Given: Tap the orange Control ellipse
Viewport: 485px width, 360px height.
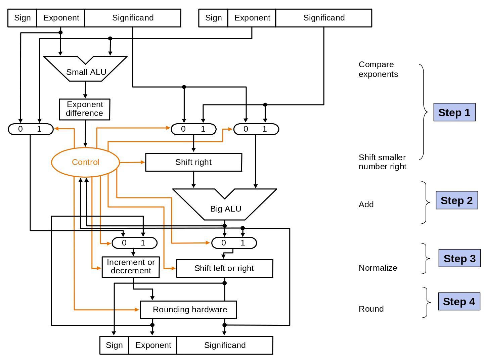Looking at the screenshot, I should point(85,162).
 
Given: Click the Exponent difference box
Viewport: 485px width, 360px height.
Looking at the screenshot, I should point(85,109).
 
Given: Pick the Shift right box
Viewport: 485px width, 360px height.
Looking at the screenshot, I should point(193,162).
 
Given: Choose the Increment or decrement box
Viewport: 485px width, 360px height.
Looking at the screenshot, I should point(131,267).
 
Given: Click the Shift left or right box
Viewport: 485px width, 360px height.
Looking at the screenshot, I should point(224,268).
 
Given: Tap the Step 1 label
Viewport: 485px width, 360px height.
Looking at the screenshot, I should point(454,113).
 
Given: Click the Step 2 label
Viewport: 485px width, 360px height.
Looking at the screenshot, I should point(456,200).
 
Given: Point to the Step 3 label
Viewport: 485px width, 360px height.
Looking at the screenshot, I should point(459,259).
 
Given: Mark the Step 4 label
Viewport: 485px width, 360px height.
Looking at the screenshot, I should point(459,302).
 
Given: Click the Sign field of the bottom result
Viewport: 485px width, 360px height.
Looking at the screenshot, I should point(114,345).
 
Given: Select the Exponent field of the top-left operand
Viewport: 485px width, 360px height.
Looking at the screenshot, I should point(61,18).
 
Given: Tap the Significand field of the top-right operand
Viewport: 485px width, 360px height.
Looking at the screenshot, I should point(324,18).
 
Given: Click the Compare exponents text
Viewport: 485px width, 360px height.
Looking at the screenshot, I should point(378,69).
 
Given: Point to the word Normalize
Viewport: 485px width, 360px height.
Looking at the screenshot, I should point(378,268).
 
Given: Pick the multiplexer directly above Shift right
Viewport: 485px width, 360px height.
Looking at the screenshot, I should point(193,129).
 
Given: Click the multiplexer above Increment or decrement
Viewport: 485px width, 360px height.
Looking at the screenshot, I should point(134,243).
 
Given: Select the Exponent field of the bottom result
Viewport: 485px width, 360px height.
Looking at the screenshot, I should point(153,345).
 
